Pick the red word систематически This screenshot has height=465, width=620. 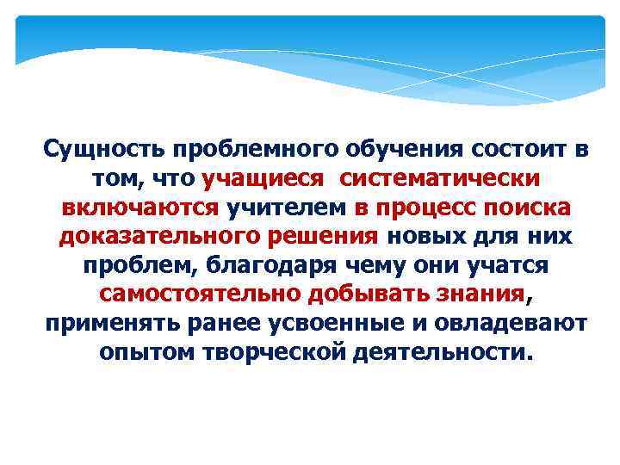tap(440, 179)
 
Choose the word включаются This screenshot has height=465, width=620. tap(140, 208)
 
